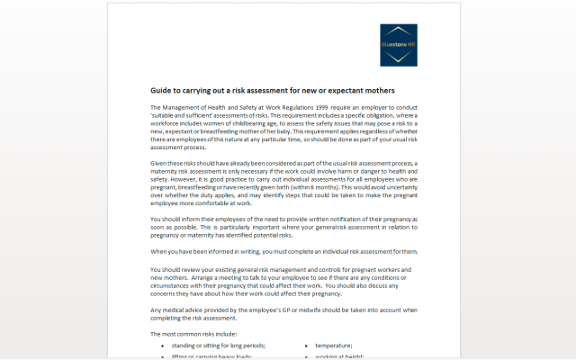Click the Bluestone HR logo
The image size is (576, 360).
[398, 44]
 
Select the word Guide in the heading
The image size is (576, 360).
[163, 90]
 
